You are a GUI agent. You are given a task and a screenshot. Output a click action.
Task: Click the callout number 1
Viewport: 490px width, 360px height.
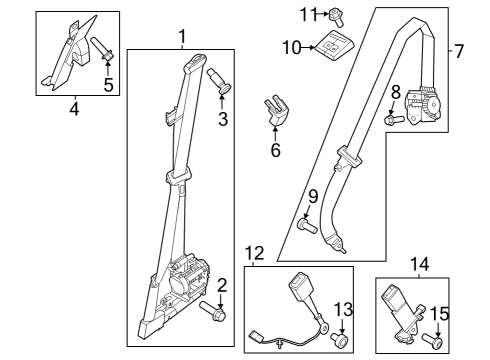point(182,38)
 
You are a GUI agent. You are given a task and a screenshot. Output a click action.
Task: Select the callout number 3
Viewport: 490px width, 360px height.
point(222,122)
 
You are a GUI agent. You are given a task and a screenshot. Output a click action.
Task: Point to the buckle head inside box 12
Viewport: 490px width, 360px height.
point(299,294)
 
